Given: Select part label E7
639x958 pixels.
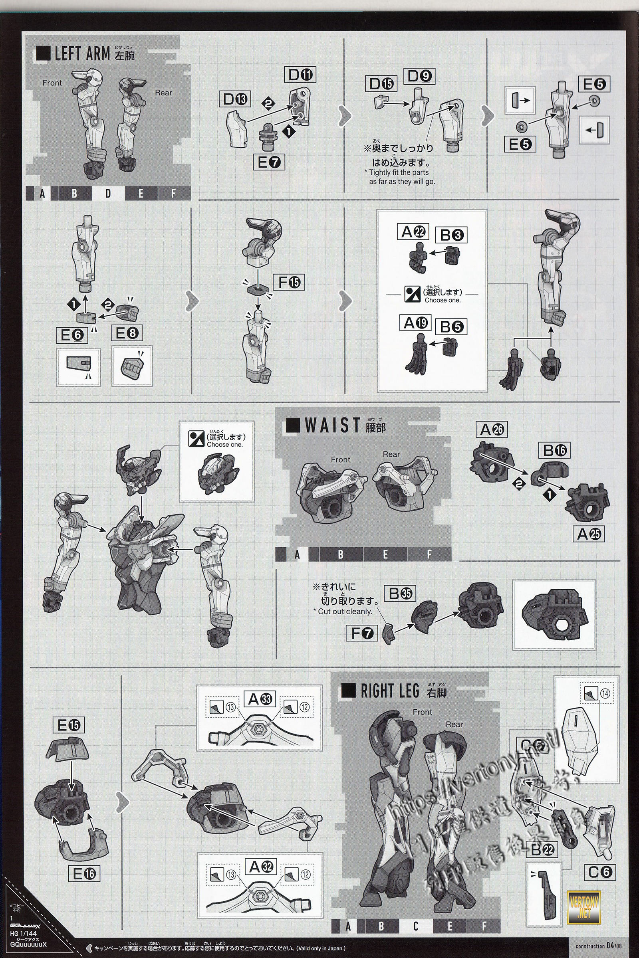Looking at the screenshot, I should [x=269, y=162].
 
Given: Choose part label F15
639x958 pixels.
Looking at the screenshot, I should [x=289, y=282].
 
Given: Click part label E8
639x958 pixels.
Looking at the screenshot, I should [x=127, y=333].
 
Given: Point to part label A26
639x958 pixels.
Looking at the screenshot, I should [x=492, y=430].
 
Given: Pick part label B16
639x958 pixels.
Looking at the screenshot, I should [x=554, y=451].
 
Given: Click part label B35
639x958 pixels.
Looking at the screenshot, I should [x=400, y=594].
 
